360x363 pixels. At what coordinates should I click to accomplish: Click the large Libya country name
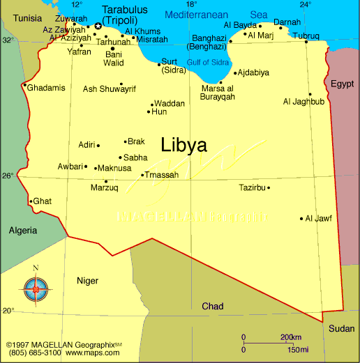click(183, 146)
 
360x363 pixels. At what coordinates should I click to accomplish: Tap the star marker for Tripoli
click(98, 26)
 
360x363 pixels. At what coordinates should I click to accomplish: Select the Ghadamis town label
click(48, 87)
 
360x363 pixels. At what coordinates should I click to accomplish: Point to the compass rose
click(36, 286)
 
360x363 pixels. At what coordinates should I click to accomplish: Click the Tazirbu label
click(252, 187)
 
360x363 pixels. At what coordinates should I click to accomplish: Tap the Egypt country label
click(343, 84)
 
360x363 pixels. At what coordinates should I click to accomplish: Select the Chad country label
click(213, 307)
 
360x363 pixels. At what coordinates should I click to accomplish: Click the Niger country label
click(87, 280)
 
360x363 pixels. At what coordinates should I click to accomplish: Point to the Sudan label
click(341, 328)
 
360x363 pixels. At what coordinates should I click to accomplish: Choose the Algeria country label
click(24, 230)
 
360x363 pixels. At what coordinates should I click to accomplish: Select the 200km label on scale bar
click(290, 337)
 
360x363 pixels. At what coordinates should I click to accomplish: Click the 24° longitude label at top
click(305, 5)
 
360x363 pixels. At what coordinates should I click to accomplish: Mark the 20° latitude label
click(8, 310)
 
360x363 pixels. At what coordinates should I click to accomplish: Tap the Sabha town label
click(135, 158)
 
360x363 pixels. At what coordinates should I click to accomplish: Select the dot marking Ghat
click(31, 201)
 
